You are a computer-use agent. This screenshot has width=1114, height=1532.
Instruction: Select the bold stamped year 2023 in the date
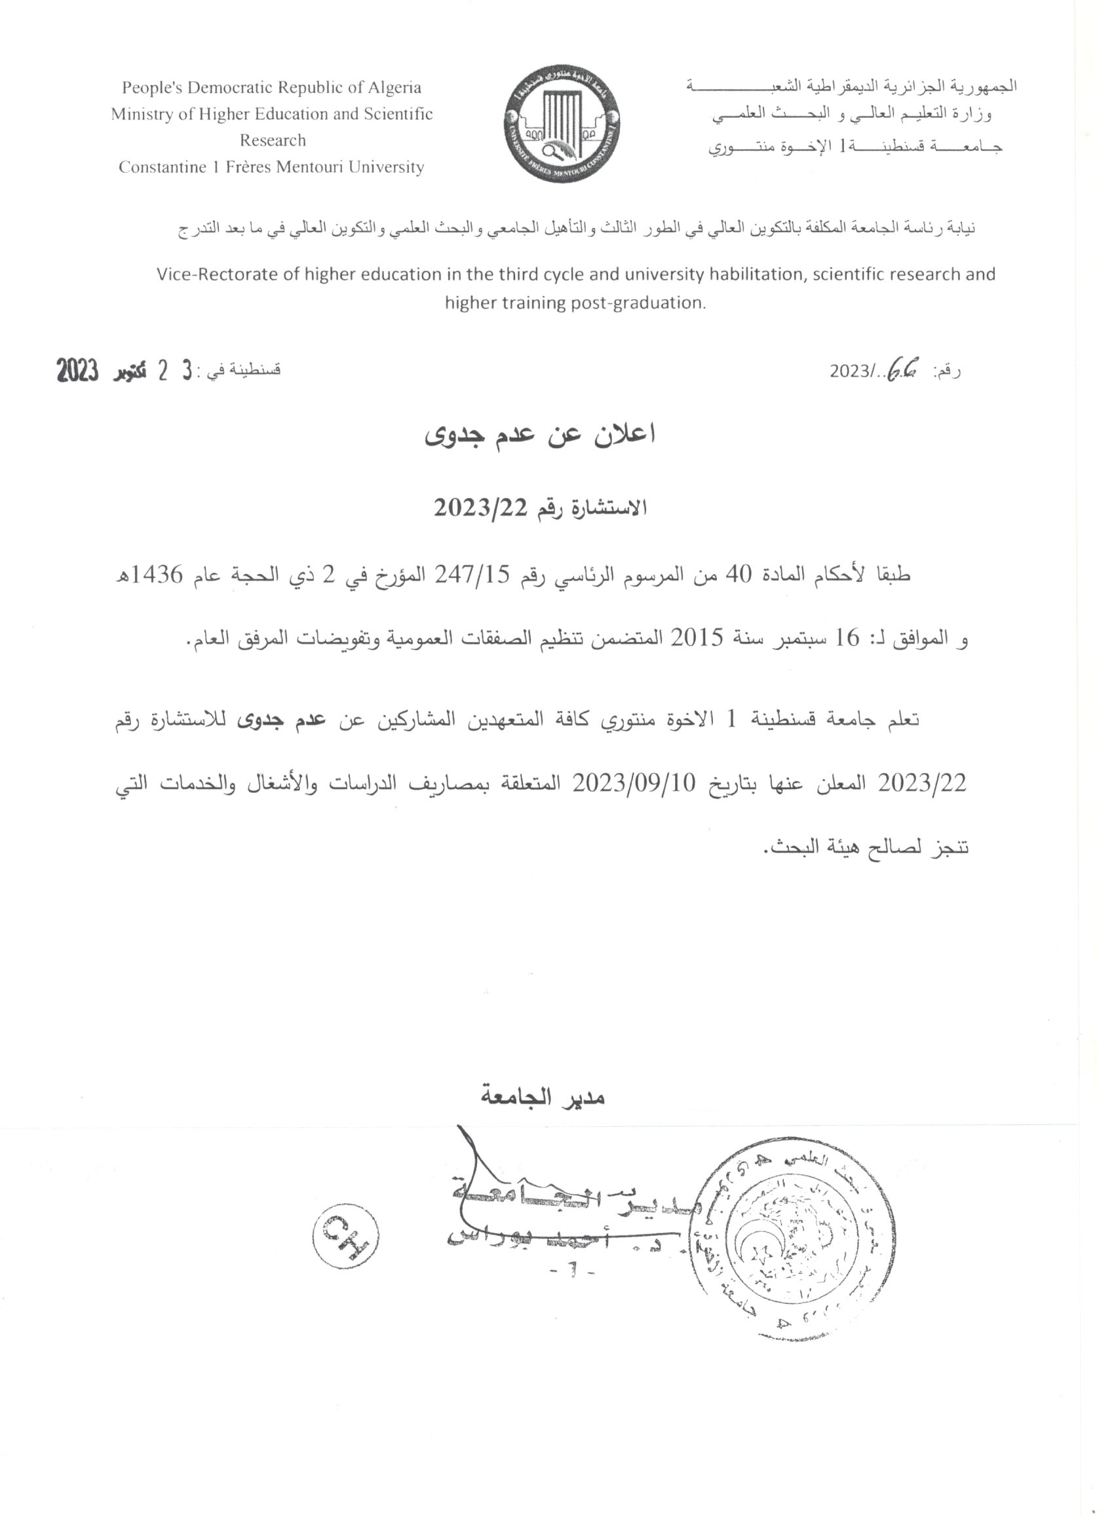pos(79,371)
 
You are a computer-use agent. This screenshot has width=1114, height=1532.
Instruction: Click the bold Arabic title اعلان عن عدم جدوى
pos(541,435)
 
